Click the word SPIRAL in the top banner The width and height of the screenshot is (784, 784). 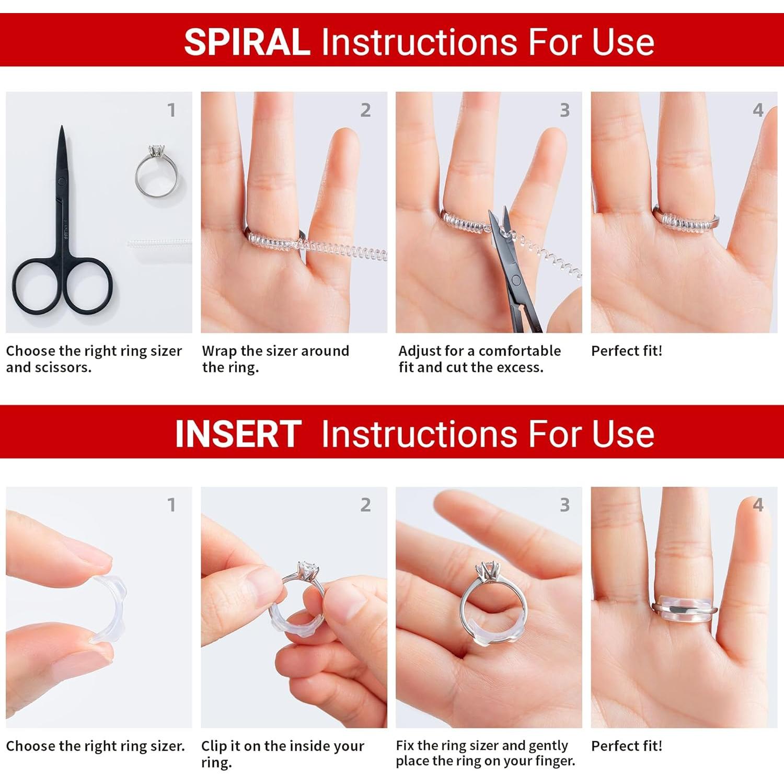click(x=247, y=42)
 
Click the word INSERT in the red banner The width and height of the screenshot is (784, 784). click(x=238, y=434)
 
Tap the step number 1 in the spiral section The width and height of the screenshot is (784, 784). click(x=171, y=110)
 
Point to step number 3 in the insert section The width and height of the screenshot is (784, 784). click(x=564, y=505)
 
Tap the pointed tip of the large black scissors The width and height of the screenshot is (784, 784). click(x=62, y=126)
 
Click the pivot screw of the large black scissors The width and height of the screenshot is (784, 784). click(x=62, y=182)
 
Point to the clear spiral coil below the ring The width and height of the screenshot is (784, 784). click(x=159, y=243)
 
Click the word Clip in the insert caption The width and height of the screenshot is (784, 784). click(x=213, y=746)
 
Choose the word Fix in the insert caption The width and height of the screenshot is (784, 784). click(x=405, y=745)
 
